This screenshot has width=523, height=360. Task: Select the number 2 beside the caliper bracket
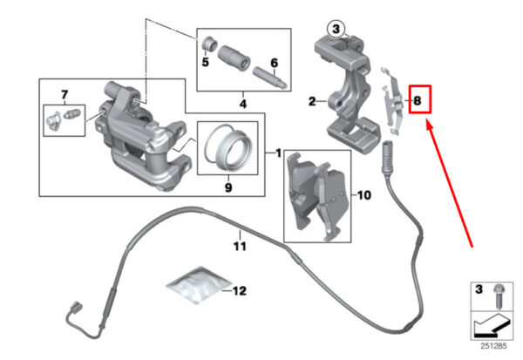[x=310, y=102]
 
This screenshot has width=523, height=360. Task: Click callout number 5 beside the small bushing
[x=206, y=63]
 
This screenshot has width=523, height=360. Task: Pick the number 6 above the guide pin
[x=273, y=63]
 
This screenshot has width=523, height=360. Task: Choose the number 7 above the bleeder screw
[x=64, y=93]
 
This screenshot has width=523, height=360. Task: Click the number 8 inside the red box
[x=418, y=101]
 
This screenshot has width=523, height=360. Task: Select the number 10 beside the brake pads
[x=364, y=196]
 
